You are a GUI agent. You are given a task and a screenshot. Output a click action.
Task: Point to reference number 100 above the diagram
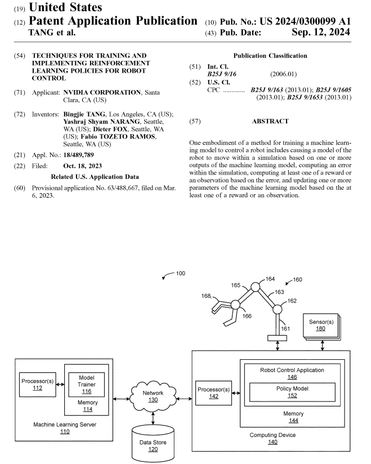(180, 273)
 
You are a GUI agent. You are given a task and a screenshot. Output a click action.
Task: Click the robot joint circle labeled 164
(254, 287)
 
